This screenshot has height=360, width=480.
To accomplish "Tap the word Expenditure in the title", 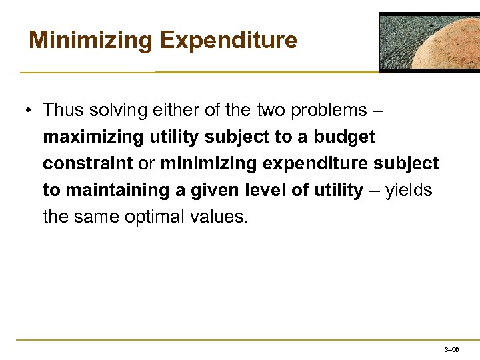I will [229, 41].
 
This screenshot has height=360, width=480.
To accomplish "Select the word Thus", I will [65, 110].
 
